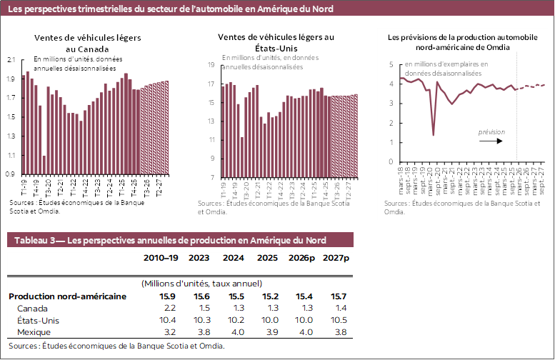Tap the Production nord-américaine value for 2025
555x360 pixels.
[269, 296]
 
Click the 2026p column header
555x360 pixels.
[303, 258]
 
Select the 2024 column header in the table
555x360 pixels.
[235, 258]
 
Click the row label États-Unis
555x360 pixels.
[37, 320]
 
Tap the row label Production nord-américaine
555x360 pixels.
[67, 296]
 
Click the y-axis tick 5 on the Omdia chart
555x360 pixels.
[391, 64]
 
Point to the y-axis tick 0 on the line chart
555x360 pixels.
[391, 161]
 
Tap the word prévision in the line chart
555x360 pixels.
[491, 132]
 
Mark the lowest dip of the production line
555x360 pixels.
[434, 134]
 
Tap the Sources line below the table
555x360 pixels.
[116, 345]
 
